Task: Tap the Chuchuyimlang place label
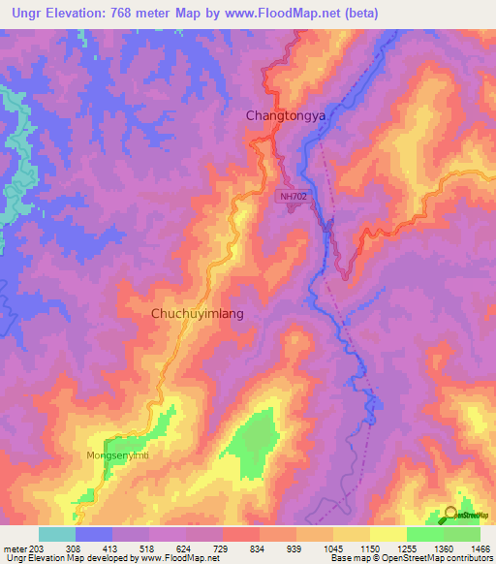[x=197, y=314]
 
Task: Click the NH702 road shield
[x=294, y=196]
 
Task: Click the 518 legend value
[x=148, y=548]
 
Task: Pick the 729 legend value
[x=222, y=548]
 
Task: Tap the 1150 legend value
[x=369, y=548]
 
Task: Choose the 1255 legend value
[x=406, y=548]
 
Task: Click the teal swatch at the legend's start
[x=56, y=534]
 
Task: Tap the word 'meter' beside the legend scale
[x=13, y=548]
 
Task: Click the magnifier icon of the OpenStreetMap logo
[x=451, y=514]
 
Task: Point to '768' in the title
[x=138, y=14]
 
